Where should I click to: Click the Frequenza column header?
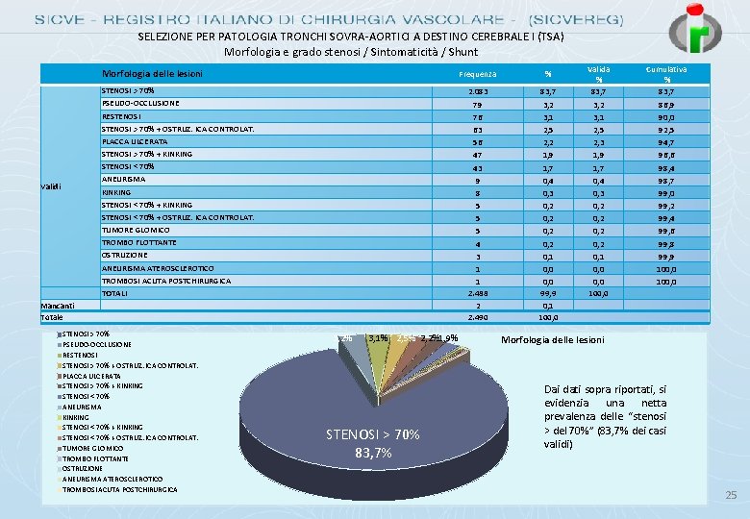point(478,74)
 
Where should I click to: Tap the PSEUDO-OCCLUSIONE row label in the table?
point(140,103)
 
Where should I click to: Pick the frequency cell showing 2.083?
point(478,90)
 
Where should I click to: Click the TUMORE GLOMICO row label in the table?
point(136,230)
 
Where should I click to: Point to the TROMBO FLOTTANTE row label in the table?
point(139,242)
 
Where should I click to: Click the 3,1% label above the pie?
point(378,338)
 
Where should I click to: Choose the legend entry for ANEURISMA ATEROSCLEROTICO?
point(112,479)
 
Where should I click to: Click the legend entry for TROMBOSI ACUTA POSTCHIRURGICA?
point(119,489)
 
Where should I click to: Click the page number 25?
point(729,496)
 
